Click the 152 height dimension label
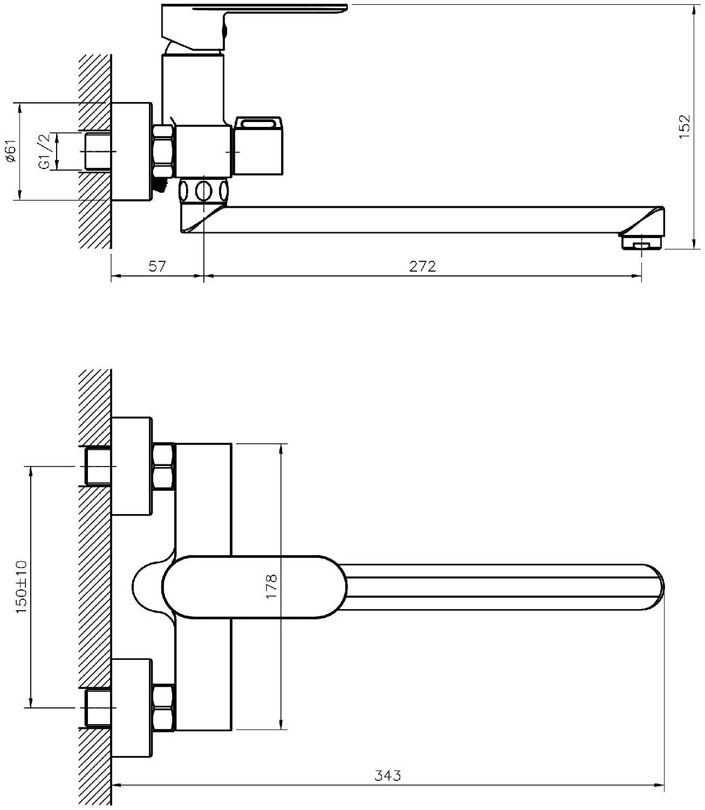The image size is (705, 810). (684, 126)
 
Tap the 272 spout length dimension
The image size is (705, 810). (422, 266)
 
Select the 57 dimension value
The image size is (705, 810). (157, 266)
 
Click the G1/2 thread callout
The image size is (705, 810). (45, 152)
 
